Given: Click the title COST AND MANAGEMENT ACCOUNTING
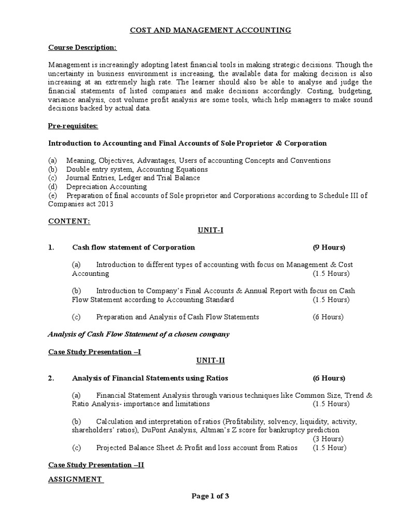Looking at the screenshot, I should click(210, 31).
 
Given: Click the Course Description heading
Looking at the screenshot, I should click(82, 48).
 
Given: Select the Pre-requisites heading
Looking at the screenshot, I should click(73, 125).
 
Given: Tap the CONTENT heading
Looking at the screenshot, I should click(69, 221).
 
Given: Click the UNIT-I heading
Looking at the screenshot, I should click(210, 230).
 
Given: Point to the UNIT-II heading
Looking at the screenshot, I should click(210, 360).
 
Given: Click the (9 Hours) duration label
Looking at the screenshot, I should click(329, 247).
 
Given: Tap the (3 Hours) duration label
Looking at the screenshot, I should click(331, 439).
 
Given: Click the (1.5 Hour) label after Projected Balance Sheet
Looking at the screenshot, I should click(329, 448).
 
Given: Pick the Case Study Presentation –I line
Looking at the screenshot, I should click(94, 352).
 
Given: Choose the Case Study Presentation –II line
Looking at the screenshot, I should click(96, 465).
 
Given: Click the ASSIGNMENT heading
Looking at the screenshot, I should click(75, 479).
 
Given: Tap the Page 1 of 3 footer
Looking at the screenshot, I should click(210, 496).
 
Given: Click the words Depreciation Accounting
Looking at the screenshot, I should click(106, 187).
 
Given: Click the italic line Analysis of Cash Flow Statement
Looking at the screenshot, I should click(138, 334).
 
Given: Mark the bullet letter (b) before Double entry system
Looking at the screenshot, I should click(53, 169).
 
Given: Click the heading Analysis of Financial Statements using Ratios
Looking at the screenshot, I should click(150, 378).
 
